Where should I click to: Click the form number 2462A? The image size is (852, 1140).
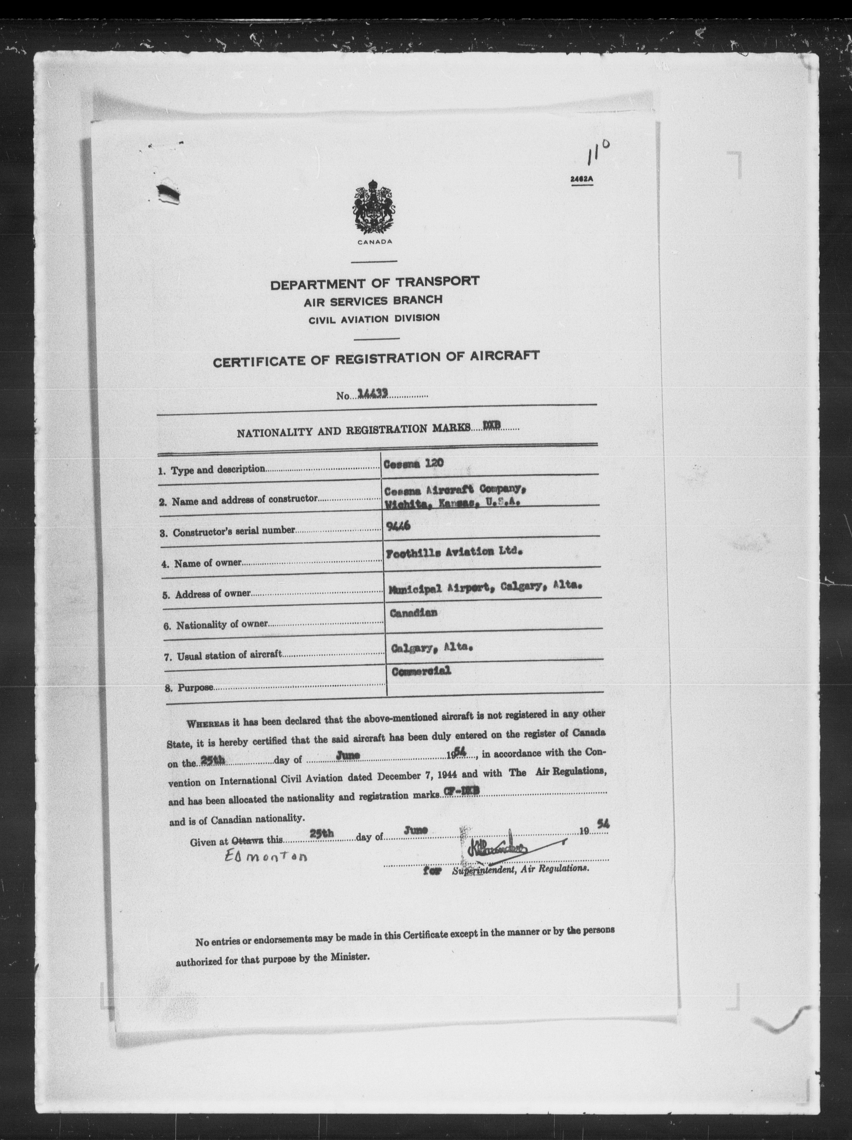click(x=582, y=179)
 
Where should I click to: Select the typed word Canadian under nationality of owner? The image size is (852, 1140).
click(x=414, y=613)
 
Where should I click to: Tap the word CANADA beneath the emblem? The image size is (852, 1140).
click(x=374, y=242)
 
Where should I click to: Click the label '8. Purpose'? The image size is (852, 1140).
click(x=189, y=687)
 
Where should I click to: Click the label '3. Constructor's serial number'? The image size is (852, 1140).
click(x=228, y=531)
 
